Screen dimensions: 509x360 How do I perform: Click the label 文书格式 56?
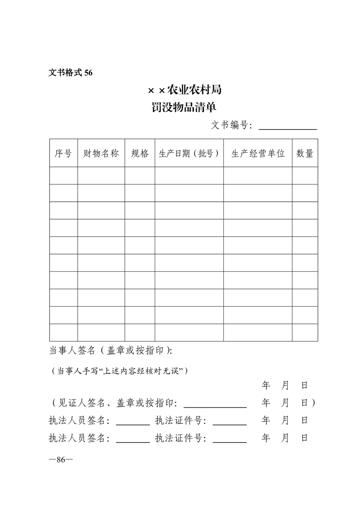tap(70, 73)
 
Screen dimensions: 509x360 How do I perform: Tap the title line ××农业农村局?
tap(184, 90)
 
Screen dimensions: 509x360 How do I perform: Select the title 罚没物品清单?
tap(184, 108)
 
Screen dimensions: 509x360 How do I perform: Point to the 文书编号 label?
tap(232, 125)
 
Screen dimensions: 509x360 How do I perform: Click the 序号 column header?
tap(64, 153)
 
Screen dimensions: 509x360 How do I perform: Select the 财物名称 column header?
tap(101, 153)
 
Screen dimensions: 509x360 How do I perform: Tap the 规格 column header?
tap(140, 153)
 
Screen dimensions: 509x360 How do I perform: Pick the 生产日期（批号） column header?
tap(189, 153)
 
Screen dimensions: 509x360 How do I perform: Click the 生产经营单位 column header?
tap(258, 153)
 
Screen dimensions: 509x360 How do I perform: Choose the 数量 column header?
tap(305, 153)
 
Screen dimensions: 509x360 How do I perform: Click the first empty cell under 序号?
tap(64, 176)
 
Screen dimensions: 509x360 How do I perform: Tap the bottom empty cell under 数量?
tap(305, 333)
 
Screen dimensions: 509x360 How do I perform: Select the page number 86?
tap(61, 460)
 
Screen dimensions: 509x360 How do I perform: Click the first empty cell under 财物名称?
tap(101, 176)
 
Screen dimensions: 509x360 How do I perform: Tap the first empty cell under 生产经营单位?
tap(258, 176)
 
